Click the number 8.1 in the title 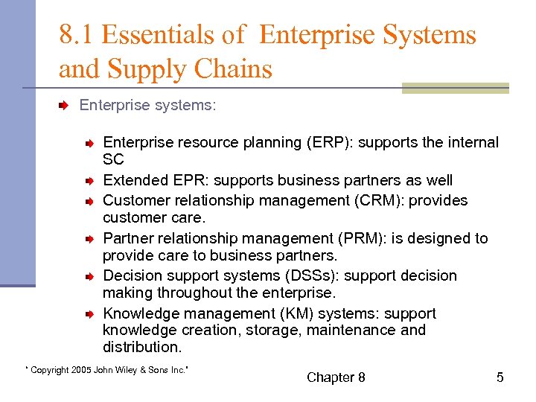coord(76,35)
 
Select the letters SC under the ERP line coord(113,160)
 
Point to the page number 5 coord(500,377)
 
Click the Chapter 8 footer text coord(336,377)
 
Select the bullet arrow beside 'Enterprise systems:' coord(64,106)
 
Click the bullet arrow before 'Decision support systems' coord(88,276)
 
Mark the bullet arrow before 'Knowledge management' coord(88,314)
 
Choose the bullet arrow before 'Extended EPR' coord(88,181)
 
